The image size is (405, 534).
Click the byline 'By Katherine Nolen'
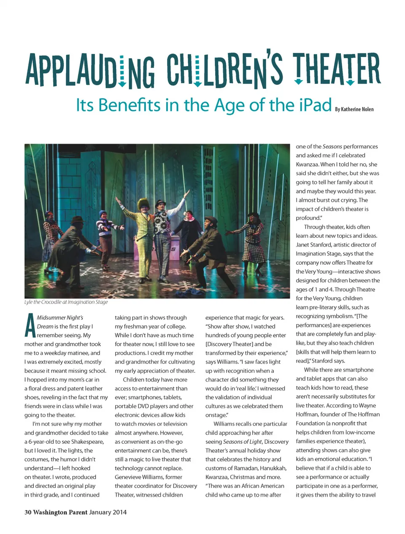click(x=354, y=109)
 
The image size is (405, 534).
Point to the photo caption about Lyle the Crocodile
click(x=66, y=302)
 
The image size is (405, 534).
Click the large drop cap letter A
click(x=30, y=326)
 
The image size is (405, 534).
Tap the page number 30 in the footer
click(x=28, y=512)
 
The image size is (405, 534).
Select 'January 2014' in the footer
click(x=108, y=512)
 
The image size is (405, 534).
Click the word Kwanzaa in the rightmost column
click(x=307, y=164)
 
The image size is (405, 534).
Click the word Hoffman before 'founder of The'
click(x=307, y=414)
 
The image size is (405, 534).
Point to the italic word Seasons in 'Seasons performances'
click(x=332, y=146)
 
